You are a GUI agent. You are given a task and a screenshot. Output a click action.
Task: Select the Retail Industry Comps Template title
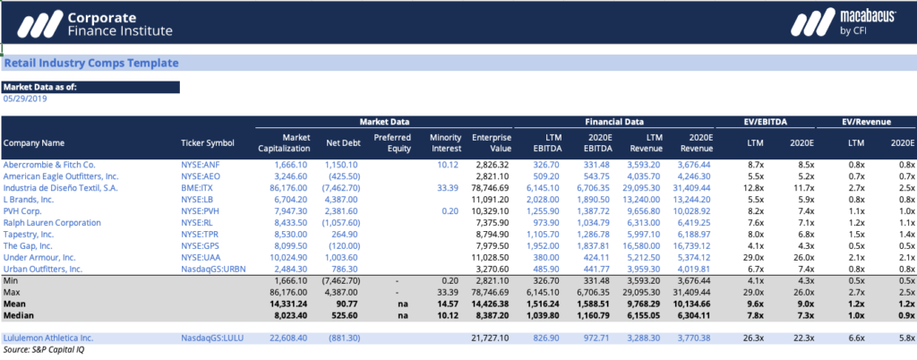coord(91,64)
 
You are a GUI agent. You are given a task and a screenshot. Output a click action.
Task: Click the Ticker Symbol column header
coord(207,142)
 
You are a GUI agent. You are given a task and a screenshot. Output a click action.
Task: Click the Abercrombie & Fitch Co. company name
coord(49,166)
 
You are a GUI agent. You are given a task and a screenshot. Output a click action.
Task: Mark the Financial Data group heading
coord(613,121)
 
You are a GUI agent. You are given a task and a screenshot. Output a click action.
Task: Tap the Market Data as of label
coord(41,87)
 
